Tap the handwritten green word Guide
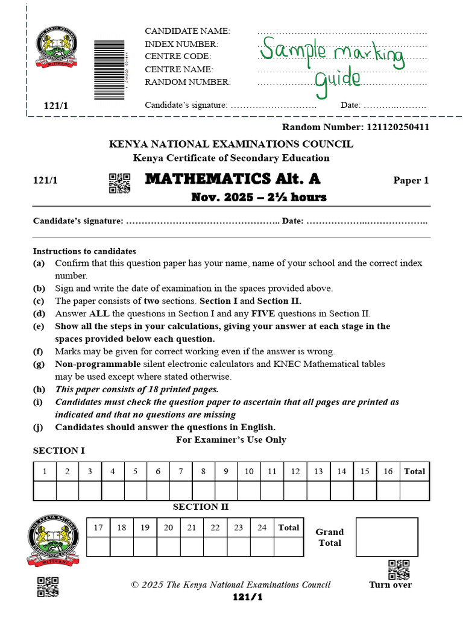click(338, 80)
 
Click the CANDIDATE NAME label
click(187, 31)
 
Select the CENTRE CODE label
click(178, 57)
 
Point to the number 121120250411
click(397, 127)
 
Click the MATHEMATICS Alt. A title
click(233, 179)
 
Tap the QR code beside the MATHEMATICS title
click(119, 183)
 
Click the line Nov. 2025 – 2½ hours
click(259, 197)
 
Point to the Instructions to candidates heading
click(84, 251)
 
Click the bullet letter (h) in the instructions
click(39, 389)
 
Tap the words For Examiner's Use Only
click(231, 440)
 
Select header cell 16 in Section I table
click(388, 472)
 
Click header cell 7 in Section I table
click(180, 472)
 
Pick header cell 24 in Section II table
click(262, 528)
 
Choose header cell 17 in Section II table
click(98, 528)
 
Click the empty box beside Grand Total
click(386, 537)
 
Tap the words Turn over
click(391, 584)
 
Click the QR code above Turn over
click(398, 569)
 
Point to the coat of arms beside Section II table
click(53, 540)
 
